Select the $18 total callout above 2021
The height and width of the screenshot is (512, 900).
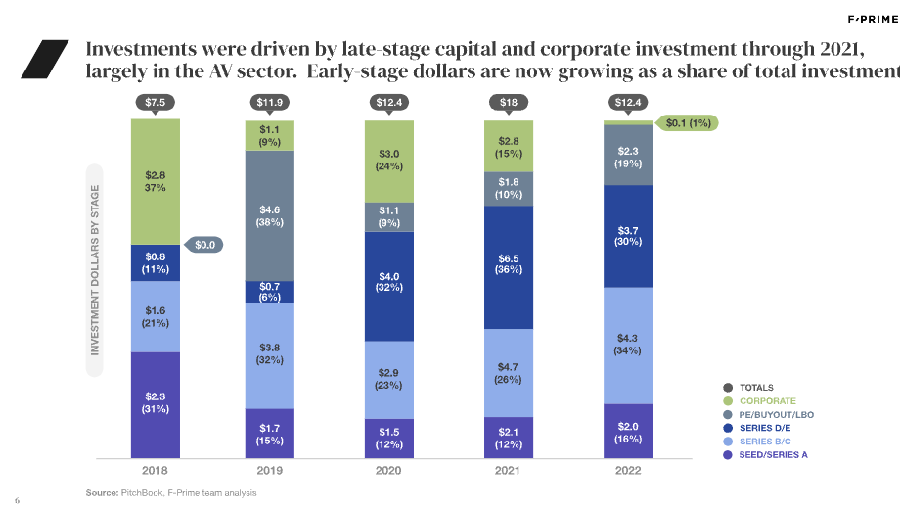pos(509,101)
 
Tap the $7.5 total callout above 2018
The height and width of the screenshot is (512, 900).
pos(155,101)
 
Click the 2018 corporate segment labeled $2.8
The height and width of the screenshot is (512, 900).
pos(155,181)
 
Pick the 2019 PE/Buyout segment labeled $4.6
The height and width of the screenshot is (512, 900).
pos(271,215)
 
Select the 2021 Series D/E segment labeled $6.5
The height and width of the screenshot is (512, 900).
pos(509,266)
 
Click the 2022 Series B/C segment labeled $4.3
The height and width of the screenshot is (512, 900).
pos(627,345)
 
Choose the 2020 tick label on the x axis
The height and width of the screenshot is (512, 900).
pos(388,469)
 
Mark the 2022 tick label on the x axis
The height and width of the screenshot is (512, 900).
pos(627,469)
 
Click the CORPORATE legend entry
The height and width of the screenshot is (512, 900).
pos(767,401)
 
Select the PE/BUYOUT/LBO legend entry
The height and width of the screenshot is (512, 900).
pos(776,414)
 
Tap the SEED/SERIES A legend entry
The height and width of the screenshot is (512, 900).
pos(773,454)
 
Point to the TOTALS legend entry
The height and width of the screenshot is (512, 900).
pos(756,388)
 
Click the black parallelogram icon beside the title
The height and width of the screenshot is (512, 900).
pos(45,59)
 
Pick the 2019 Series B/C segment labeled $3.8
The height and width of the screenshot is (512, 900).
pos(271,354)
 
